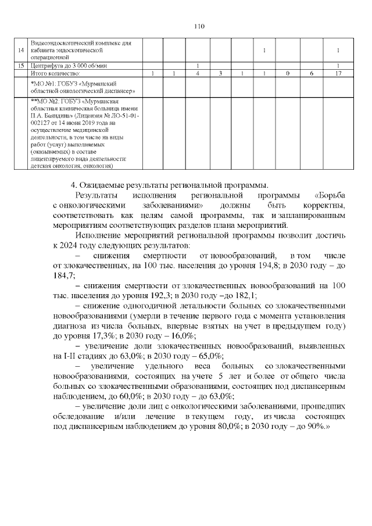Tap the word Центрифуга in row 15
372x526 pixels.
(44, 66)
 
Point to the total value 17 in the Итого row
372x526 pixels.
(338, 73)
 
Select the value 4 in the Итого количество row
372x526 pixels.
(198, 73)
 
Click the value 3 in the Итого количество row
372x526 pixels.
(220, 73)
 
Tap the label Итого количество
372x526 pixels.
(55, 73)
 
